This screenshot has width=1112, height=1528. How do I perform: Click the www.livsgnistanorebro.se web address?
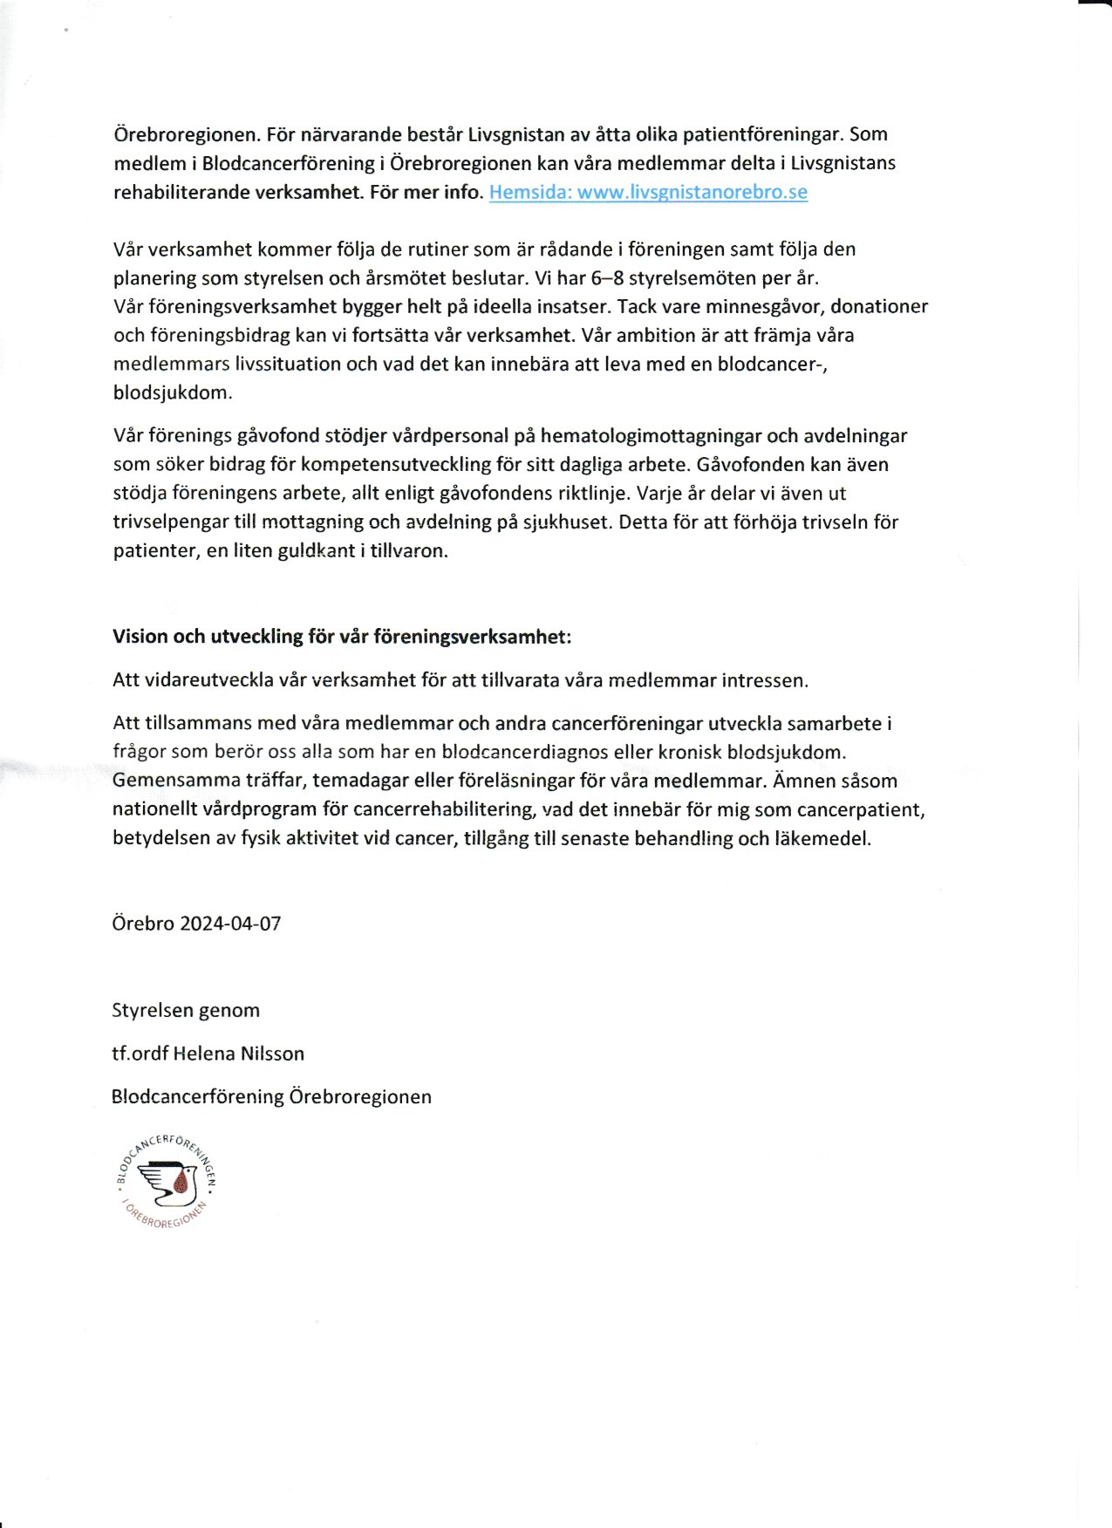692,192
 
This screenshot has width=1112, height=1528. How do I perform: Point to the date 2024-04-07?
230,924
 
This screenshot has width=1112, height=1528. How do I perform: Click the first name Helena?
204,1054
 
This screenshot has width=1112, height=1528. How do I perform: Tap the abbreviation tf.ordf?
140,1054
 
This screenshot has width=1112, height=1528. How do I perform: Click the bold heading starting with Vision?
342,637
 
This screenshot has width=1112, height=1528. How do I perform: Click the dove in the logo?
168,1179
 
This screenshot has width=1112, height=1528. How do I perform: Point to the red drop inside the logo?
181,1183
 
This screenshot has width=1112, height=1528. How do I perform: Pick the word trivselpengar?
171,522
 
